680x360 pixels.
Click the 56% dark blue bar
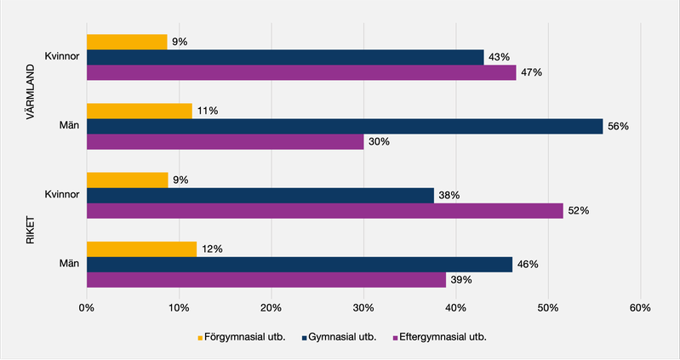(x=345, y=126)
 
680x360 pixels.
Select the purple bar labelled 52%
(x=324, y=211)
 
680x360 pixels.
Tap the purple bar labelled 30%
(x=225, y=142)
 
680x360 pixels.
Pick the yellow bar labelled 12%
(x=141, y=249)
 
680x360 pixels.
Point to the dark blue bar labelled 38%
(x=260, y=195)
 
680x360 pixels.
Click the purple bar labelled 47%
(x=301, y=73)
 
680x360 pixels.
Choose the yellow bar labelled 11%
(x=139, y=110)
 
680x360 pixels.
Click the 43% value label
(x=499, y=57)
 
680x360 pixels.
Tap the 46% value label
(x=528, y=264)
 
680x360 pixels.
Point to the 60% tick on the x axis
(x=639, y=307)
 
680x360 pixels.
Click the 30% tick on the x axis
(x=363, y=307)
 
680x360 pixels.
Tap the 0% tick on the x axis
(x=86, y=307)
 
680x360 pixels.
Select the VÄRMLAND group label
(x=31, y=91)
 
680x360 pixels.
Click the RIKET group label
(x=31, y=229)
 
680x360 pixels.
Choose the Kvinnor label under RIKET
(x=62, y=195)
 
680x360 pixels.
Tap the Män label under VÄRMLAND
(x=69, y=126)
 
